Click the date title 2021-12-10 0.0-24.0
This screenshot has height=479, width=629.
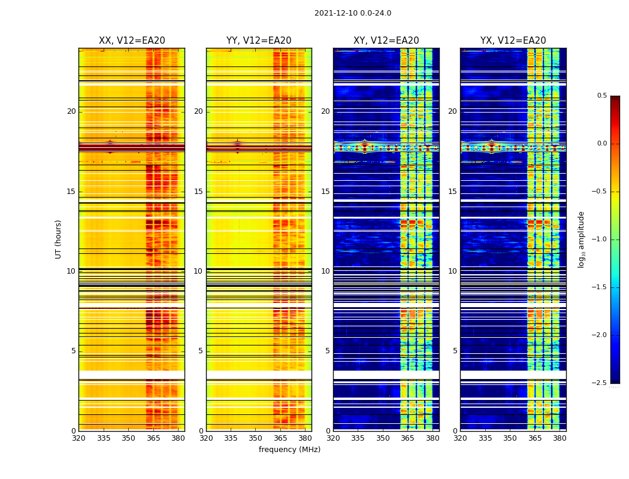(x=353, y=13)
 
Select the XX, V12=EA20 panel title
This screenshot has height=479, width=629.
(x=132, y=41)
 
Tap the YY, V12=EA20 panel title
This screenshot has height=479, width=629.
(x=259, y=41)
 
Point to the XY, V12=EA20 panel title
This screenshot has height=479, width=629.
(x=386, y=41)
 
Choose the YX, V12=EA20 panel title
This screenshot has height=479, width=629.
(x=513, y=41)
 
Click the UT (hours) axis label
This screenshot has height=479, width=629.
(x=59, y=239)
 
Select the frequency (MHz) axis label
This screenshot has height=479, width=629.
(x=289, y=450)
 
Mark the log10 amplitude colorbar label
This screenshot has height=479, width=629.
(x=581, y=239)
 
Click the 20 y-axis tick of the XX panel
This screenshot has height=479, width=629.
(x=71, y=111)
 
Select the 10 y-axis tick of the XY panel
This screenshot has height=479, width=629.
(x=326, y=271)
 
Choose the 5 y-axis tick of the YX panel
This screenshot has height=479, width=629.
(x=455, y=351)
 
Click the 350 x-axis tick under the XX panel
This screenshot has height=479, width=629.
(x=128, y=438)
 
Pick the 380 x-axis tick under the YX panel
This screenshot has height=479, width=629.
(x=560, y=438)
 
